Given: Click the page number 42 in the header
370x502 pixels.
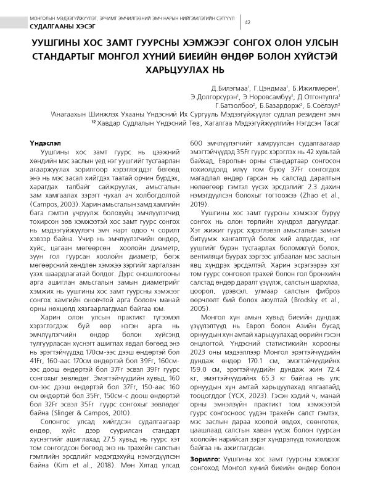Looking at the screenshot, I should pyautogui.click(x=247, y=22).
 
